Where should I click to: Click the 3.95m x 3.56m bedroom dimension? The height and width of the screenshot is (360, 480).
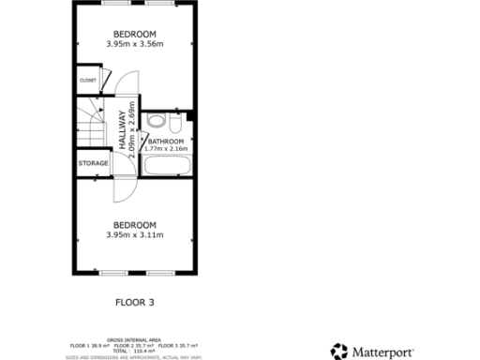135,44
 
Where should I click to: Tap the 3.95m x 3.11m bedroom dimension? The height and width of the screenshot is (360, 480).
135,235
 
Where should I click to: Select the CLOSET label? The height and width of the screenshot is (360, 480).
88,80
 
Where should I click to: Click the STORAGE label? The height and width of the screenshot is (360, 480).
93,163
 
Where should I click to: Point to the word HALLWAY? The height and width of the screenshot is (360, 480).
122,131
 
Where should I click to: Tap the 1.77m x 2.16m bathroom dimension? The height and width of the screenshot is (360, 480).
166,149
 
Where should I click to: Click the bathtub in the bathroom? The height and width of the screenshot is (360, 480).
167,167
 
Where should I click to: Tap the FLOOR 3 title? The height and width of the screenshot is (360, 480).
134,303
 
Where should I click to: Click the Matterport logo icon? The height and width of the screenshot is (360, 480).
338,352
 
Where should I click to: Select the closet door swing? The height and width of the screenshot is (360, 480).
106,79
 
